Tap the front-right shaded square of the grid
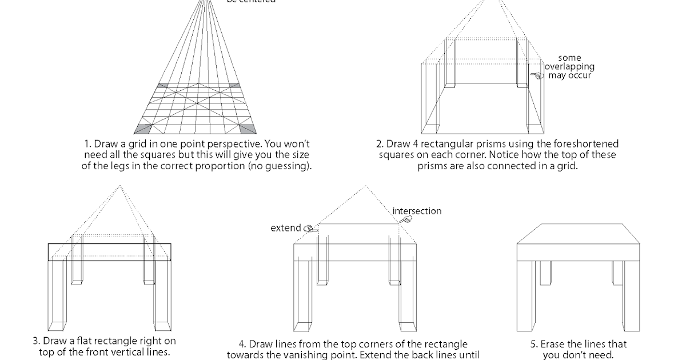tap(248, 129)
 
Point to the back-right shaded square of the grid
tap(234, 86)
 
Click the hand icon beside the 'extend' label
tap(309, 228)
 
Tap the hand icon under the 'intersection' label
tap(405, 219)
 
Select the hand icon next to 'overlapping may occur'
tap(536, 75)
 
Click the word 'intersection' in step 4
tap(417, 211)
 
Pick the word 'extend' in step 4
tap(285, 228)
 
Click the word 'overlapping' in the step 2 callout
tap(569, 66)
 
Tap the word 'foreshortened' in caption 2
tap(589, 144)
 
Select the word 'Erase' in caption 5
tap(553, 344)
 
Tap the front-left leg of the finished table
tap(527, 298)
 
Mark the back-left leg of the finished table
tap(545, 273)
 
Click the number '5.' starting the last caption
tap(536, 344)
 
